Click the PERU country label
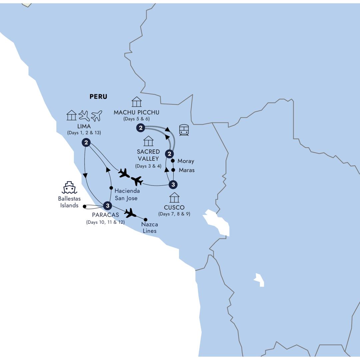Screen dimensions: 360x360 [x=98, y=97]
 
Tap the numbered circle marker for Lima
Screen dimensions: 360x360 [x=86, y=143]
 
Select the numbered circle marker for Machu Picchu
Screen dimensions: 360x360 [x=141, y=128]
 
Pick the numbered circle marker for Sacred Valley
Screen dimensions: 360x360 [x=169, y=154]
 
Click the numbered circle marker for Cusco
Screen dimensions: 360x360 [x=173, y=184]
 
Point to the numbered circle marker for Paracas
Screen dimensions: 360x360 [x=107, y=206]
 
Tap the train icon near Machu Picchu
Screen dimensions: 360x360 [x=184, y=130]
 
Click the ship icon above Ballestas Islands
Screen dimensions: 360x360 [x=69, y=188]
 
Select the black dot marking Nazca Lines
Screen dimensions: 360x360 [x=145, y=220]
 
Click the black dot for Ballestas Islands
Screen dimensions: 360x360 [x=84, y=207]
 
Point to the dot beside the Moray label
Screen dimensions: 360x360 [x=173, y=161]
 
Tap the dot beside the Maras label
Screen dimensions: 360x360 [x=173, y=170]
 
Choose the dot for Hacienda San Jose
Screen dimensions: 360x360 [x=111, y=188]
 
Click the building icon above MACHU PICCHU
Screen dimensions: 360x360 [x=137, y=102]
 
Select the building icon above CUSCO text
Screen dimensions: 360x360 [x=174, y=197]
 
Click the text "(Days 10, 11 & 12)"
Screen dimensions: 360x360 [x=105, y=222]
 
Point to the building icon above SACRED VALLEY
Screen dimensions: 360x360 [x=148, y=141]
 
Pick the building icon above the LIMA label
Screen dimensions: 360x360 [x=72, y=115]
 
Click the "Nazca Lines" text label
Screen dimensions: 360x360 [x=149, y=228]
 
